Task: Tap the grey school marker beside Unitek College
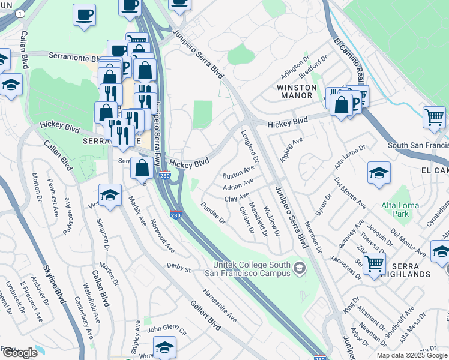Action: point(299,268)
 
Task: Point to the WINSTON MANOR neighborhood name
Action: point(295,91)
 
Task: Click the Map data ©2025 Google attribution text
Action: point(412,355)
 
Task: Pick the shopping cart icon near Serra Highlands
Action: point(374,263)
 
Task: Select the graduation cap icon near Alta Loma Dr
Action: point(379,173)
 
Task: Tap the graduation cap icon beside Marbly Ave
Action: point(110,195)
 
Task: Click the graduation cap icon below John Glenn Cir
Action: point(164,347)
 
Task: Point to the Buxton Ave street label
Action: point(238,172)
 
